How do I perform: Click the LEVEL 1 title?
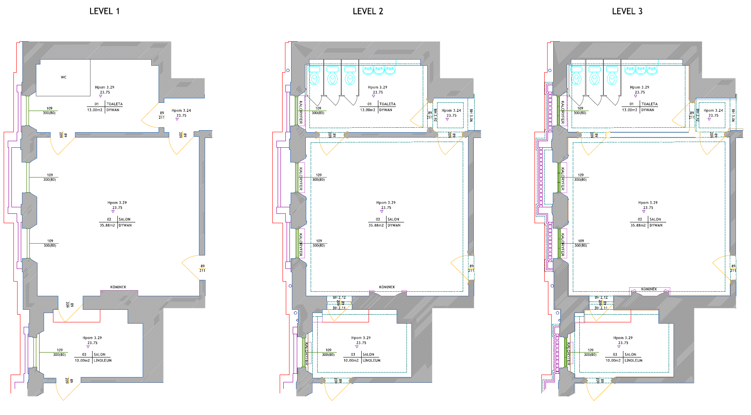(x=104, y=11)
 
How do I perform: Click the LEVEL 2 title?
(x=368, y=11)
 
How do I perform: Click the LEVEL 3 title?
(x=627, y=11)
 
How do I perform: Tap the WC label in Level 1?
(x=64, y=77)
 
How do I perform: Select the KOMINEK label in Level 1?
(x=118, y=287)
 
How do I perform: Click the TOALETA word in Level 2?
(x=387, y=104)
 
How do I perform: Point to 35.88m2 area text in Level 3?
(x=638, y=225)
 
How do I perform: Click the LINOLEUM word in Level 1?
(x=103, y=360)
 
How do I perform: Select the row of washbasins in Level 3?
(x=641, y=70)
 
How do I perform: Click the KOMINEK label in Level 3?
(x=649, y=289)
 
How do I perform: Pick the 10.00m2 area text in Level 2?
(x=351, y=360)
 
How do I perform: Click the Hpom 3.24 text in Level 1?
(x=181, y=111)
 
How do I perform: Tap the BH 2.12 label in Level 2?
(x=339, y=297)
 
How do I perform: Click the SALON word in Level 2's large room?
(x=393, y=220)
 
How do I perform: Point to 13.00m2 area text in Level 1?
(x=95, y=110)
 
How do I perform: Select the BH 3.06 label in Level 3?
(x=733, y=115)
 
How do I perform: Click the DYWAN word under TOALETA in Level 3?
(x=648, y=110)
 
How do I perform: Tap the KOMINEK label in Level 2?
(x=387, y=287)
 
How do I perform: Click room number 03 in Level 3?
(x=615, y=355)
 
